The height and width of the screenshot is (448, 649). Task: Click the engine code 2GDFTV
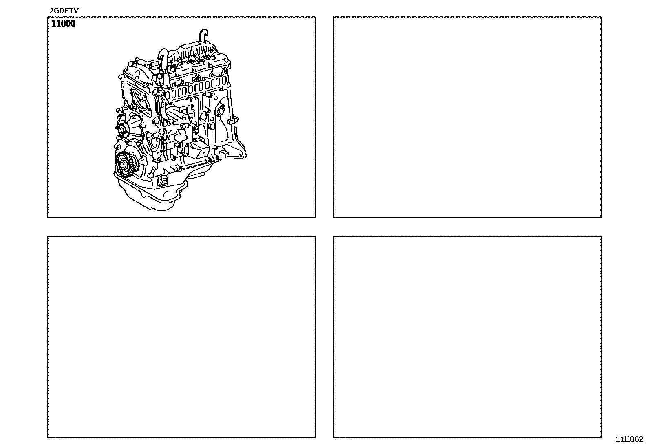point(64,11)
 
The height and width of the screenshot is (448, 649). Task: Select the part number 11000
point(63,24)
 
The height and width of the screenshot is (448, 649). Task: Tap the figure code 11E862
point(629,439)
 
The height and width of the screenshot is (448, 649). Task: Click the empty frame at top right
point(467,117)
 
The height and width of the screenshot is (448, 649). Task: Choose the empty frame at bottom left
point(181,337)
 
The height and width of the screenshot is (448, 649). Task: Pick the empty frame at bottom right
point(467,337)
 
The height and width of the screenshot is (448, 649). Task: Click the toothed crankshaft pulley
point(126,165)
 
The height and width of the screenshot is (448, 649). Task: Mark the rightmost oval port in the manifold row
point(223,81)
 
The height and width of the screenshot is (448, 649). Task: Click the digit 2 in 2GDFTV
point(52,11)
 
